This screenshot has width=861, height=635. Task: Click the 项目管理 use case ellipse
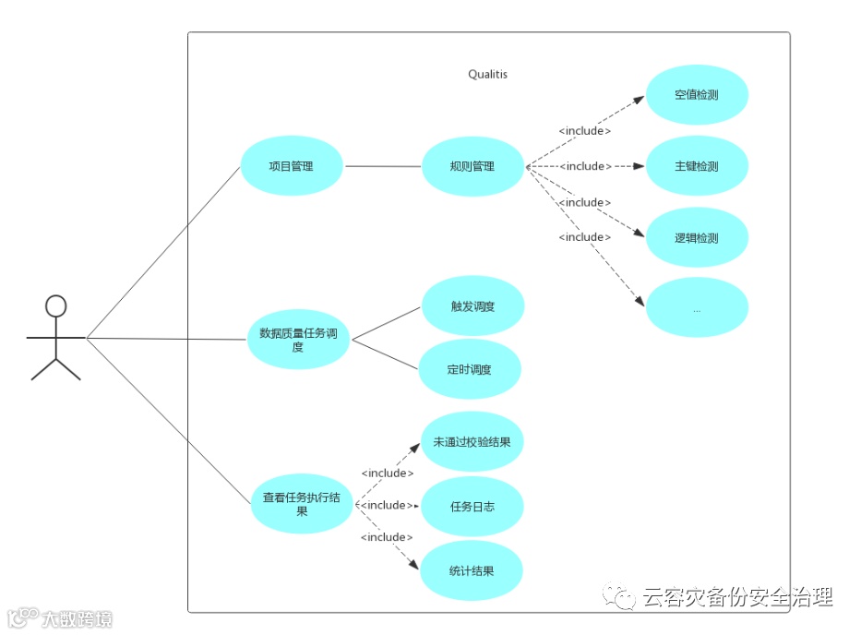coord(292,166)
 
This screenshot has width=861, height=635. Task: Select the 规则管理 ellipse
coord(472,166)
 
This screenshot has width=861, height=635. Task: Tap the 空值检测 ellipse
coord(697,94)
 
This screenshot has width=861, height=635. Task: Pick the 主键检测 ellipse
coord(697,166)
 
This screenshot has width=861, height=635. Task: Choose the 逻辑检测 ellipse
coord(697,237)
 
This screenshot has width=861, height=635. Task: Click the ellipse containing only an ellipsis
coord(697,308)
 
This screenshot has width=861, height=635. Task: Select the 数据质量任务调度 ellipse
coord(298,340)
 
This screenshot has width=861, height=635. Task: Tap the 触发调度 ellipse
coord(472,306)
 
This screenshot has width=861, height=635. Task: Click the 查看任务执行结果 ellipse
coord(302,504)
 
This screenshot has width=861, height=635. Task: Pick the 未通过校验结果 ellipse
coord(472,441)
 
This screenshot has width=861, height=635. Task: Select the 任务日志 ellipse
coord(472,506)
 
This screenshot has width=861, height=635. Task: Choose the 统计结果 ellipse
coord(472,570)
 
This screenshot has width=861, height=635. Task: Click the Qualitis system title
coord(487,74)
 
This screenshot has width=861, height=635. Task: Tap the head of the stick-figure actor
coord(56,306)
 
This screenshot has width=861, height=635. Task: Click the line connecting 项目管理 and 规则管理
coord(382,166)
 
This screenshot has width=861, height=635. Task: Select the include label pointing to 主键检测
coord(585,166)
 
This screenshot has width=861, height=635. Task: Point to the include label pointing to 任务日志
coord(387,505)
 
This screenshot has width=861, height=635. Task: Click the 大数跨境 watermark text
coord(77,618)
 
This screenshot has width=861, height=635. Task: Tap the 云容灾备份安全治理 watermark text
coord(737,597)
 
